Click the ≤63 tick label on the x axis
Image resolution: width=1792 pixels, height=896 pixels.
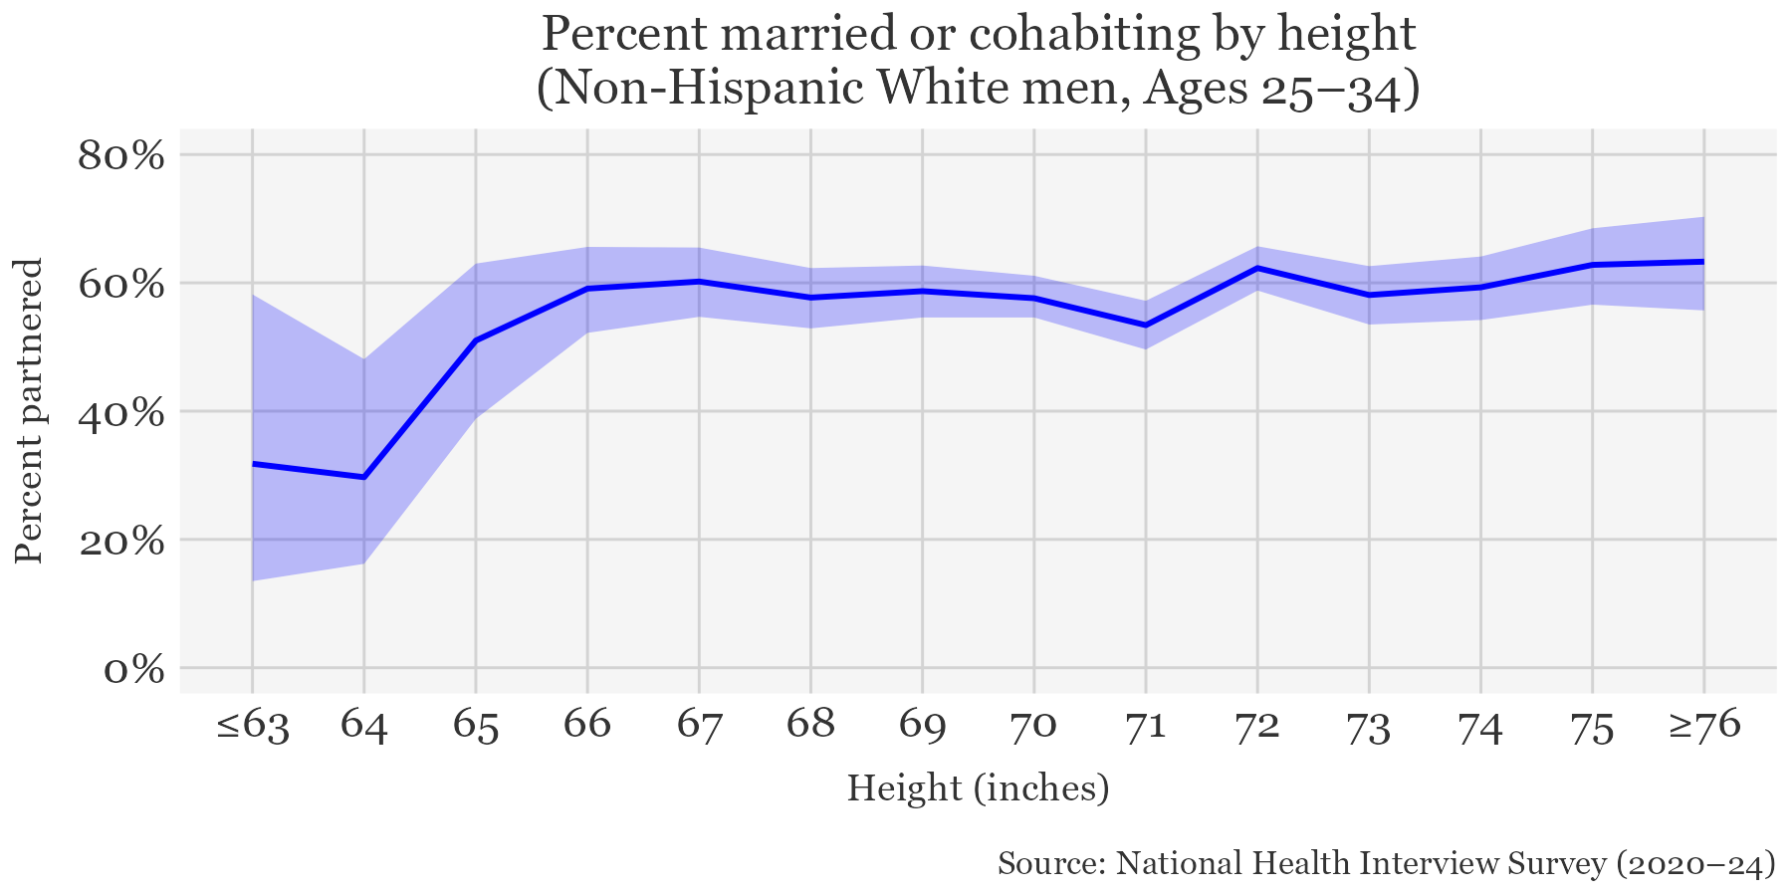pos(253,726)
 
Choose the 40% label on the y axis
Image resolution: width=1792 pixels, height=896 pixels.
pos(120,412)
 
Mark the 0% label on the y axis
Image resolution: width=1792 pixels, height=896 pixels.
pos(134,669)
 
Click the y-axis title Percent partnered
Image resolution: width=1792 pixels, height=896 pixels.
pos(31,411)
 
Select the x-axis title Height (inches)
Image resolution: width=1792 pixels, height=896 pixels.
pos(978,788)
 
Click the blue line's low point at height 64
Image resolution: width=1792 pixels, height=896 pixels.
pos(364,478)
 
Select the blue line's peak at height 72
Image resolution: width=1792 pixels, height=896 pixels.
pos(1257,268)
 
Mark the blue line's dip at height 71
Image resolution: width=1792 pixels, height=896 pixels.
pos(1146,326)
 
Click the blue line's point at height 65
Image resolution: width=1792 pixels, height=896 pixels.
pos(476,340)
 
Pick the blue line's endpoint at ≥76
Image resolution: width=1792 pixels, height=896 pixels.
pos(1704,262)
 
